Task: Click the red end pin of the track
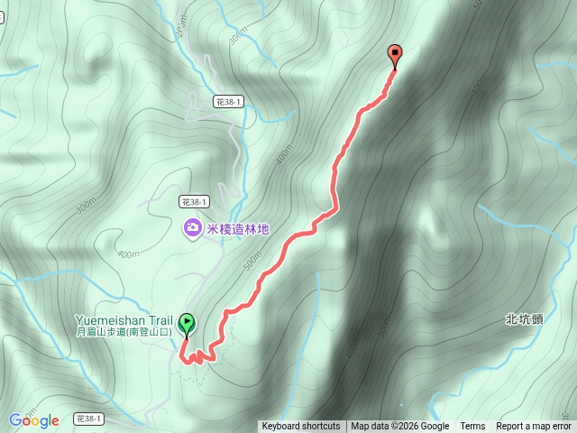(394, 54)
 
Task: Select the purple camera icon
(192, 228)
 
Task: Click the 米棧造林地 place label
(238, 229)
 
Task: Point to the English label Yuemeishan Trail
(124, 320)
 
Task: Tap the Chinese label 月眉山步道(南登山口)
(124, 332)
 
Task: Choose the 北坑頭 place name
(523, 318)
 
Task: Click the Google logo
(33, 420)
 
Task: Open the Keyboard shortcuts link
(301, 427)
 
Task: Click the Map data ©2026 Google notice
(399, 427)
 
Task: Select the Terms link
(472, 427)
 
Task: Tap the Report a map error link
(534, 427)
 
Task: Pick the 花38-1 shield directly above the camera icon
(194, 202)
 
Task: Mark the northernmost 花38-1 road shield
(228, 103)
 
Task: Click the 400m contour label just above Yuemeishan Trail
(127, 254)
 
